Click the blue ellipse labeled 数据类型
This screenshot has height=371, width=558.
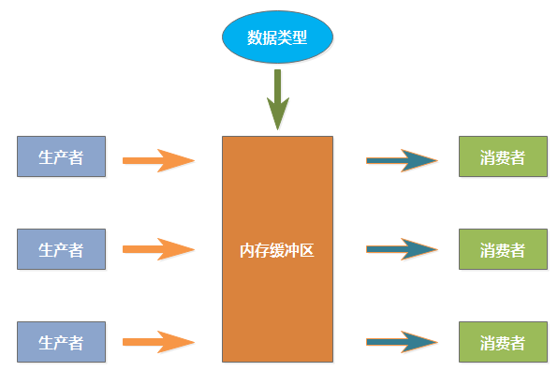click(x=277, y=37)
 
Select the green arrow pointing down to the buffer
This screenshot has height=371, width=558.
click(x=277, y=98)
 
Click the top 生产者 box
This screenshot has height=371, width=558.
click(x=62, y=156)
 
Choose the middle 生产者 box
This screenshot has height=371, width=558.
click(x=62, y=249)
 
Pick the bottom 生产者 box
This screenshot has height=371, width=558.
click(x=62, y=341)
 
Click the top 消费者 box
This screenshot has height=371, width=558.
click(x=502, y=156)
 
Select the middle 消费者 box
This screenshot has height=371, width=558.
click(x=502, y=249)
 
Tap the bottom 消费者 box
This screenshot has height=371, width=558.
click(x=502, y=341)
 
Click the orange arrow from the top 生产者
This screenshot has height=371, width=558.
click(x=157, y=160)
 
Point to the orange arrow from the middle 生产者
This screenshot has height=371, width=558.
click(x=157, y=249)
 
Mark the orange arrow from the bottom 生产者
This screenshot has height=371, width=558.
click(x=157, y=342)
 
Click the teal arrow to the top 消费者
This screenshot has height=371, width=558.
click(x=401, y=160)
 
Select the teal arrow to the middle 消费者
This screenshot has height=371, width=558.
click(x=401, y=249)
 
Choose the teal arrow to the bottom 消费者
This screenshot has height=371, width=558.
click(x=401, y=342)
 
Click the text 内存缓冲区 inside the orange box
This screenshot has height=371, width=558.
click(x=277, y=250)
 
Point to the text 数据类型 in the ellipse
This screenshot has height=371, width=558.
click(x=277, y=37)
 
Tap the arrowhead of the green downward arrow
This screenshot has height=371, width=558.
click(x=277, y=116)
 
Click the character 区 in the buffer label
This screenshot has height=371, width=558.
click(x=307, y=250)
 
